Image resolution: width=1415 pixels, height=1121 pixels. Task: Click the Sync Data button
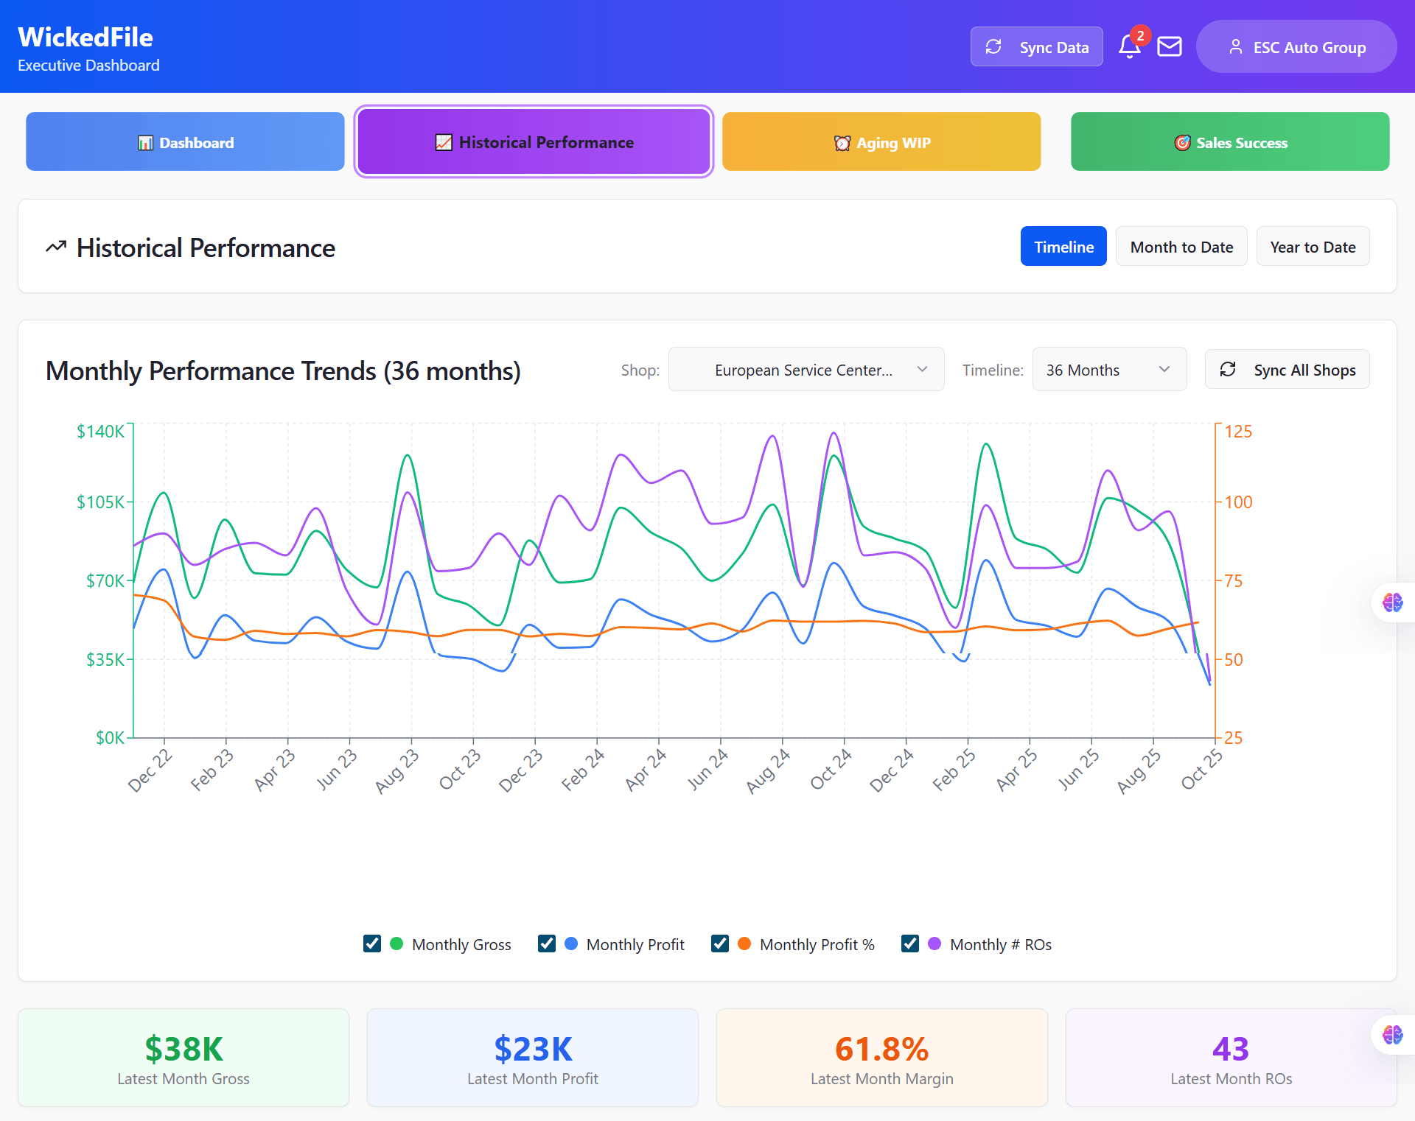pyautogui.click(x=1036, y=47)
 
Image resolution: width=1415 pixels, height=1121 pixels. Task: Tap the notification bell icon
pyautogui.click(x=1129, y=46)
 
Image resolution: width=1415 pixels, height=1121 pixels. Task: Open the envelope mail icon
pyautogui.click(x=1170, y=47)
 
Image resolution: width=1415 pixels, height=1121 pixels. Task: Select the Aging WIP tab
pyautogui.click(x=881, y=142)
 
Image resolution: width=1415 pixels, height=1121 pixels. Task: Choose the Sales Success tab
pyautogui.click(x=1230, y=142)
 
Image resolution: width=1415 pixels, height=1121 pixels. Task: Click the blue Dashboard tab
pyautogui.click(x=185, y=142)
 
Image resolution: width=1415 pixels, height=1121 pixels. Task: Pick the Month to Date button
pyautogui.click(x=1181, y=247)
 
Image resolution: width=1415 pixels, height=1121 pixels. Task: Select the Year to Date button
pyautogui.click(x=1313, y=247)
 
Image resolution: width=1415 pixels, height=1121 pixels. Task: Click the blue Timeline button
pyautogui.click(x=1063, y=247)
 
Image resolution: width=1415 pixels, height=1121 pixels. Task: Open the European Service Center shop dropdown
pyautogui.click(x=806, y=370)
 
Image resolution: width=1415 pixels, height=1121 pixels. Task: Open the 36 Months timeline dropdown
pyautogui.click(x=1108, y=370)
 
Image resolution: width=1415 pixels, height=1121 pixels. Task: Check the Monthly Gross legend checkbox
pyautogui.click(x=372, y=944)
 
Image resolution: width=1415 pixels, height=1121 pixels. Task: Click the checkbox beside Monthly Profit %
pyautogui.click(x=720, y=944)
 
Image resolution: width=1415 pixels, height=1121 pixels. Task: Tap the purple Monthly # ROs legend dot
pyautogui.click(x=934, y=944)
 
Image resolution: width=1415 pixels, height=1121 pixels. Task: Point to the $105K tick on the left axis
pyautogui.click(x=101, y=502)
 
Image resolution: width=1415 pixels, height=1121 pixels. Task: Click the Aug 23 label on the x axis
pyautogui.click(x=396, y=772)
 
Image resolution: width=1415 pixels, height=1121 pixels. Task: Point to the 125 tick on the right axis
pyautogui.click(x=1238, y=432)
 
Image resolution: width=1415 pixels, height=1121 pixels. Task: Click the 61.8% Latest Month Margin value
pyautogui.click(x=881, y=1049)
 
